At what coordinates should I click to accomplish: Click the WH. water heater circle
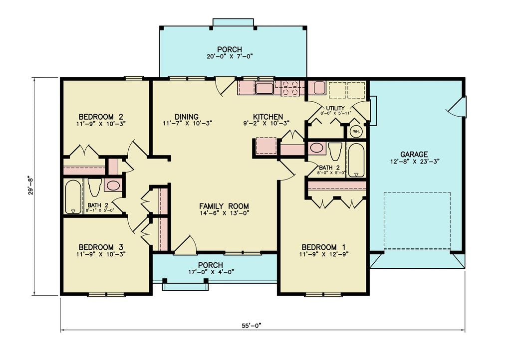click(x=356, y=132)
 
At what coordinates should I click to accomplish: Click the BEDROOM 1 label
click(x=323, y=247)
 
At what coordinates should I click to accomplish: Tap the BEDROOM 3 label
click(x=100, y=247)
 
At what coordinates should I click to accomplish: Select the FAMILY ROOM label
click(x=224, y=206)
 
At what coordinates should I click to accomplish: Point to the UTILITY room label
click(x=335, y=108)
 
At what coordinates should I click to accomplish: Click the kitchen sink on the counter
click(x=264, y=89)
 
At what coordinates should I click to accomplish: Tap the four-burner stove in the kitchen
click(x=291, y=88)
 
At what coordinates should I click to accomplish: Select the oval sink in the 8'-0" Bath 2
click(x=316, y=148)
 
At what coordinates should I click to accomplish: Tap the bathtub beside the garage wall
click(x=356, y=160)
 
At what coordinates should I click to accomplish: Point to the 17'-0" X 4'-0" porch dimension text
click(x=210, y=272)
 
